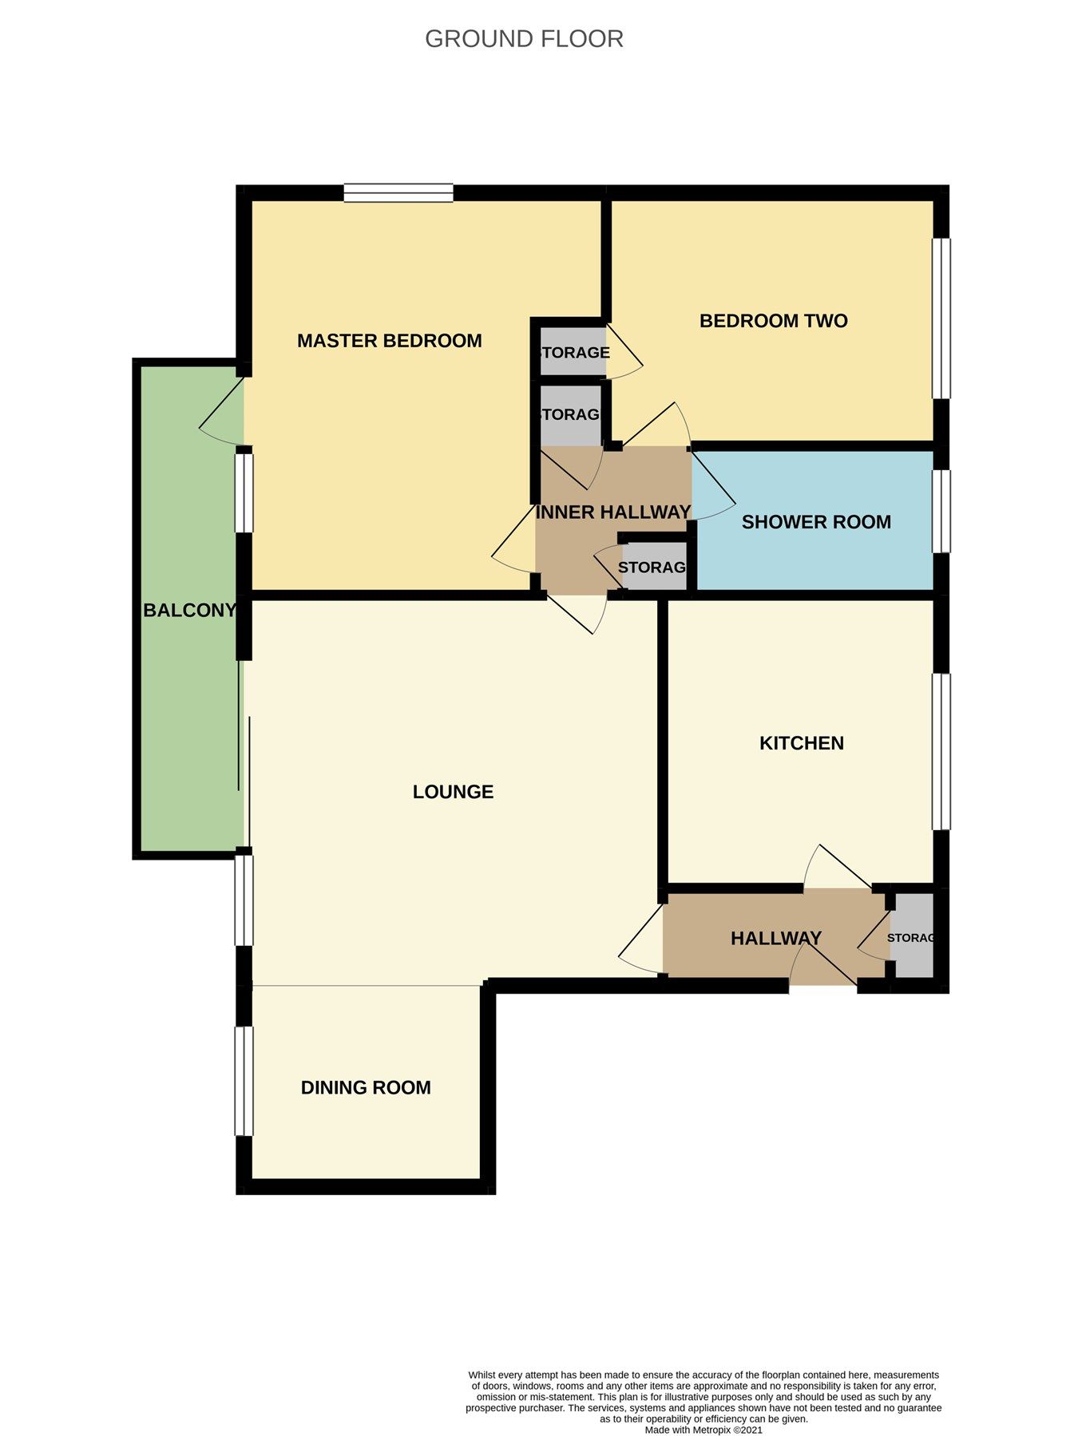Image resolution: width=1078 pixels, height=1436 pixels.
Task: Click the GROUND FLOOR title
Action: [x=524, y=38]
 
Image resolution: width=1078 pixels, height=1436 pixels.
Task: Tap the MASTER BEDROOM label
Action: [x=389, y=341]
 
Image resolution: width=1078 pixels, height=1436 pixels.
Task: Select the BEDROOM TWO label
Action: [x=773, y=321]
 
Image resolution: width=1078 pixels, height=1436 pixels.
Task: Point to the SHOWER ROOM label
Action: [x=816, y=522]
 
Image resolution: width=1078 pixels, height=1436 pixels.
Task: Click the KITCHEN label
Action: [x=801, y=743]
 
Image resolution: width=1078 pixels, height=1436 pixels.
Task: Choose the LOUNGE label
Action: [x=453, y=792]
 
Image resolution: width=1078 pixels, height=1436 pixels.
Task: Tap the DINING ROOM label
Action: [x=366, y=1087]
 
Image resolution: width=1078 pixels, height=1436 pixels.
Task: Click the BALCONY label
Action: [x=189, y=611]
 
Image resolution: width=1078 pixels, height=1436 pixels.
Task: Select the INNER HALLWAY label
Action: [x=612, y=512]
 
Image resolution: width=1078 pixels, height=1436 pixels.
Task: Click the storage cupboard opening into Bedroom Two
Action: [x=573, y=352]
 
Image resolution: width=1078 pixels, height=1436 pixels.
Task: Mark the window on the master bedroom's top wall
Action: [x=398, y=192]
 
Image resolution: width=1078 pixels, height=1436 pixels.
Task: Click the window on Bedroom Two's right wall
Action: [x=942, y=318]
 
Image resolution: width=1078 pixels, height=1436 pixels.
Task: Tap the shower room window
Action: [x=942, y=511]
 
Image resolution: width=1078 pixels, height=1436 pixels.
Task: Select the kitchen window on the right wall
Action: [x=942, y=751]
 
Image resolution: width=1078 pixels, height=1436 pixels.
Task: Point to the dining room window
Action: [x=244, y=1080]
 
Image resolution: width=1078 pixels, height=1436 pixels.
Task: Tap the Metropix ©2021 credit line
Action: [x=703, y=1430]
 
